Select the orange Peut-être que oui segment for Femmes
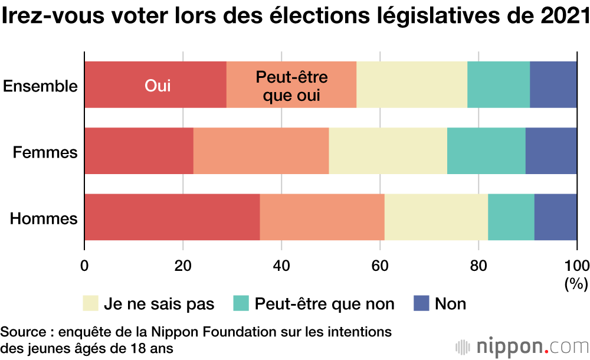pyautogui.click(x=261, y=150)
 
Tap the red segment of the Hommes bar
pyautogui.click(x=172, y=217)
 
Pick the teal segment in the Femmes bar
pyautogui.click(x=486, y=150)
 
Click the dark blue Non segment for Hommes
pyautogui.click(x=556, y=217)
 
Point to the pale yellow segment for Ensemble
pyautogui.click(x=412, y=84)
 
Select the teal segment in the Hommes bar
pyautogui.click(x=511, y=217)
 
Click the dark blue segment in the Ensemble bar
pyautogui.click(x=553, y=84)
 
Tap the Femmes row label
pyautogui.click(x=45, y=153)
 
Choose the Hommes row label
pyautogui.click(x=44, y=219)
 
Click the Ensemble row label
pyautogui.click(x=40, y=86)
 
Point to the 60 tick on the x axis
pyautogui.click(x=380, y=264)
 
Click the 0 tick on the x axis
pyautogui.click(x=84, y=264)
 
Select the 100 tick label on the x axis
pyautogui.click(x=576, y=264)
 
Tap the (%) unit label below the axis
pyautogui.click(x=576, y=284)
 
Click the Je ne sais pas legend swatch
pyautogui.click(x=90, y=303)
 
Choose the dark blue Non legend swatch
pyautogui.click(x=421, y=303)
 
